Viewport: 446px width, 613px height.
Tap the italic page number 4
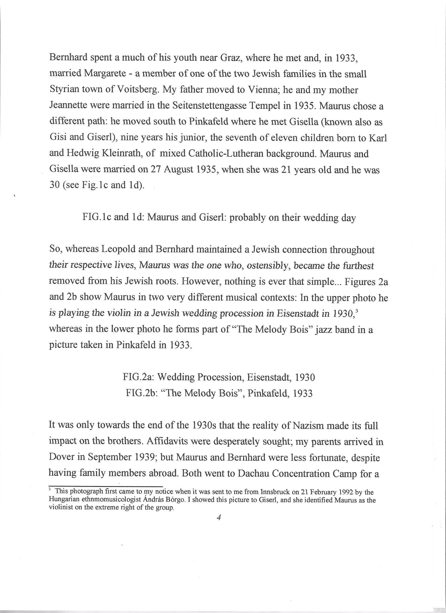[219, 518]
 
